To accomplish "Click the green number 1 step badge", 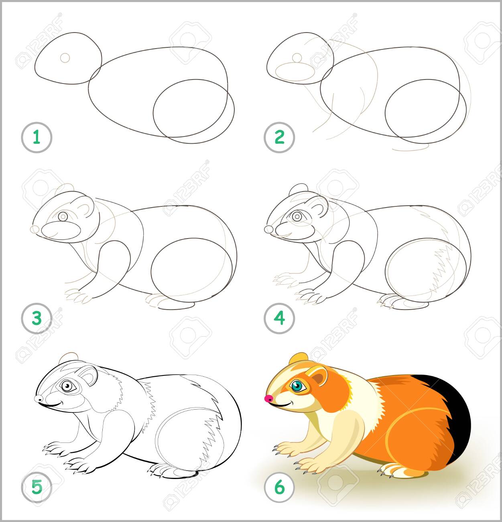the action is coord(37,138).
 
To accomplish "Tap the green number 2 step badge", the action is coord(279,138).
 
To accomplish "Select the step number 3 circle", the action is coord(37,318).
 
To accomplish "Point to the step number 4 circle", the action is coord(279,318).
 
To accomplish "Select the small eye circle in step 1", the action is coord(65,58).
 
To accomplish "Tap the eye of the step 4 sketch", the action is coord(297,216).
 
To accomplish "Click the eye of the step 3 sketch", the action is coord(63,216).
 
